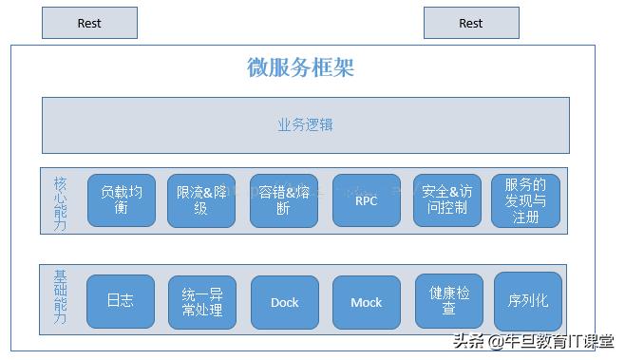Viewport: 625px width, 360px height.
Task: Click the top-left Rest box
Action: click(89, 23)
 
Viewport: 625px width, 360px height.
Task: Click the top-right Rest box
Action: click(471, 23)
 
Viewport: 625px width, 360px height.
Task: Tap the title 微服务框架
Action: click(300, 67)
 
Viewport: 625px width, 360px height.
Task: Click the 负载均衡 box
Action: click(122, 200)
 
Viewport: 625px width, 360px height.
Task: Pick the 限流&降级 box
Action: click(201, 200)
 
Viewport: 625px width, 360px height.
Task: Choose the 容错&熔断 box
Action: click(283, 200)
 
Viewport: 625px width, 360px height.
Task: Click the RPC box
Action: click(366, 200)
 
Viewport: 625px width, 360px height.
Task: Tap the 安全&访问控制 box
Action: click(447, 200)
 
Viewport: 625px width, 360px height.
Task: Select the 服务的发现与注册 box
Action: click(525, 200)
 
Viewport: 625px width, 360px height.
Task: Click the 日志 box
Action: click(121, 302)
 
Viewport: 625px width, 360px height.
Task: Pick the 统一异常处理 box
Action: click(201, 302)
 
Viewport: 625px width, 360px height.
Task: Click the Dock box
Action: click(284, 302)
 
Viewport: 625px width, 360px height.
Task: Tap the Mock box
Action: click(366, 302)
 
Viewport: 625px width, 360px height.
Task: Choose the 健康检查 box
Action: click(449, 301)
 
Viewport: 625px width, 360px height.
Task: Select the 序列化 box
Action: click(527, 302)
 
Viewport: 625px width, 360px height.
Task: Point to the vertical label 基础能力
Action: click(60, 297)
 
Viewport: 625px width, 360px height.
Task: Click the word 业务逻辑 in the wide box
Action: click(305, 124)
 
